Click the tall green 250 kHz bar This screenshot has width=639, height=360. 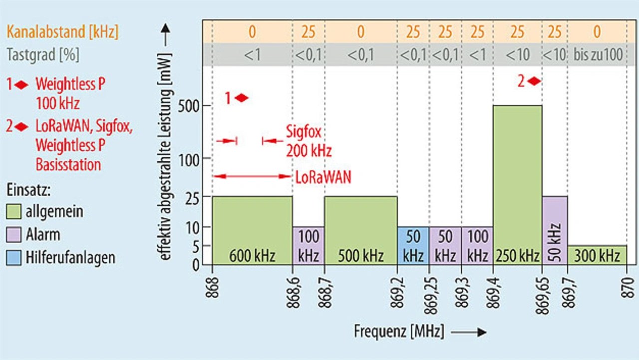click(x=517, y=180)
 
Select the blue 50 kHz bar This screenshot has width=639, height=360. click(x=413, y=245)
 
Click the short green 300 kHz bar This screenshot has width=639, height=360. click(x=597, y=255)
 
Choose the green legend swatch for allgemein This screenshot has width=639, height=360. click(x=13, y=211)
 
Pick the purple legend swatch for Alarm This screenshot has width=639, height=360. click(x=13, y=235)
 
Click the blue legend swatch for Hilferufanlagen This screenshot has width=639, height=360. click(x=13, y=258)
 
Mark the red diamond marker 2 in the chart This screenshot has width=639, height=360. click(x=534, y=81)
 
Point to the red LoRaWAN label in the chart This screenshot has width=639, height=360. click(x=323, y=177)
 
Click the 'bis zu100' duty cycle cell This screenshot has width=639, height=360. click(x=597, y=55)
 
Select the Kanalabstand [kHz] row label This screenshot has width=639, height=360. click(x=62, y=32)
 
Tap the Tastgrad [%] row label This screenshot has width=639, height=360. click(x=43, y=55)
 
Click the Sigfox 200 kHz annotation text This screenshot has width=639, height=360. click(x=309, y=141)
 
